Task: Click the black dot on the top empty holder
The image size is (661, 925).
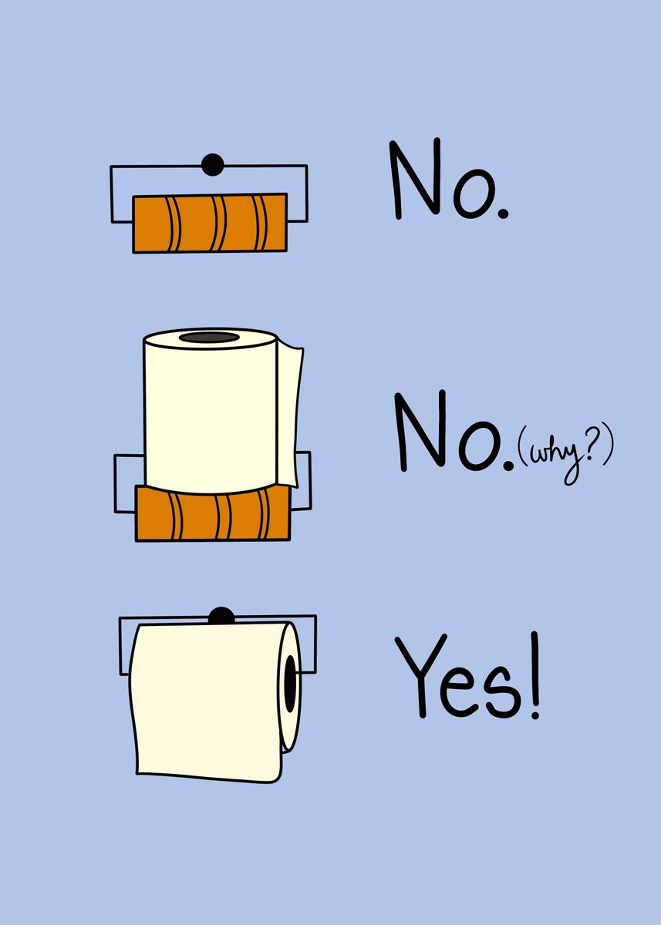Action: point(213,165)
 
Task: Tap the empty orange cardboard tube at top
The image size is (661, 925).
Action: point(210,223)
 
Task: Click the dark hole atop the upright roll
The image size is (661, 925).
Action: point(209,338)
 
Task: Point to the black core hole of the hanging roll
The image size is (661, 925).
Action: point(291,684)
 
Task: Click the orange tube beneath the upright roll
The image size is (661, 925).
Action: point(213,513)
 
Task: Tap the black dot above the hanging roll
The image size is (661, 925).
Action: point(221,616)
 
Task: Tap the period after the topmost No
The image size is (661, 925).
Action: point(503,214)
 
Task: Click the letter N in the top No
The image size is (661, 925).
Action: point(416,179)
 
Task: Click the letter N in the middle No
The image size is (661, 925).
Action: point(422,431)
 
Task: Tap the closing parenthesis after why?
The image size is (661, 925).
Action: point(607,451)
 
